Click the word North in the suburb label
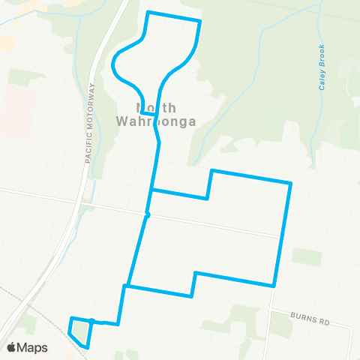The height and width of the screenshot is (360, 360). [x=155, y=106]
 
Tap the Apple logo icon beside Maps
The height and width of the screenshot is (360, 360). [x=13, y=347]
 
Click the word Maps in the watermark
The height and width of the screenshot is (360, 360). [x=33, y=347]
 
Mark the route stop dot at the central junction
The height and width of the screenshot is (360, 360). [x=148, y=215]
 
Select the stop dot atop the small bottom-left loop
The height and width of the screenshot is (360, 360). [x=91, y=321]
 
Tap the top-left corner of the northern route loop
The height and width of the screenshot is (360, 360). [x=148, y=12]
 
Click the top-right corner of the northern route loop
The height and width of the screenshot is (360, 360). [x=200, y=21]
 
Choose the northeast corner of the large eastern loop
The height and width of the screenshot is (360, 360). [x=290, y=183]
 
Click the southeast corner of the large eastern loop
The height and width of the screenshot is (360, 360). [x=274, y=286]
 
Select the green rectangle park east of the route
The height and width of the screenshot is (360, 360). [x=306, y=256]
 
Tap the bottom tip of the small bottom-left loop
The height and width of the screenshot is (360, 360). [x=88, y=348]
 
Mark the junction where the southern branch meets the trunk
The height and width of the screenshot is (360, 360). [x=127, y=286]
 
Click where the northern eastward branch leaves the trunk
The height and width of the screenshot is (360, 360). [x=152, y=189]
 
